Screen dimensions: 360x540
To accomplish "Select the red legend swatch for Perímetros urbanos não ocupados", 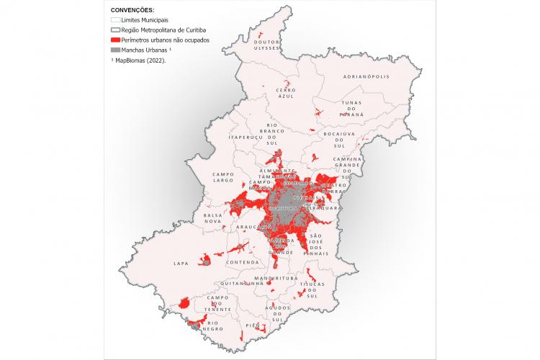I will (x=114, y=40).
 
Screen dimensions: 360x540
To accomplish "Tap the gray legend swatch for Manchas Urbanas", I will (x=114, y=50).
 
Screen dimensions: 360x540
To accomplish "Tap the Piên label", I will (x=252, y=325).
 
